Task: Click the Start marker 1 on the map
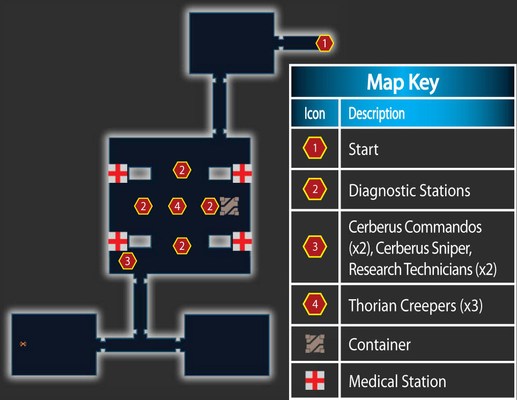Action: [325, 43]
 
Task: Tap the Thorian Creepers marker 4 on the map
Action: [178, 206]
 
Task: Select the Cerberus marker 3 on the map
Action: [128, 261]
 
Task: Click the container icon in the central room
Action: [230, 206]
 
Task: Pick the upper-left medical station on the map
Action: [117, 173]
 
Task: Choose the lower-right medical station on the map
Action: [242, 241]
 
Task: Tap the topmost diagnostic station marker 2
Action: [182, 170]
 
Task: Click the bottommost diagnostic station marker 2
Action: [182, 246]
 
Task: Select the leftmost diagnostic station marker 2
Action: [143, 206]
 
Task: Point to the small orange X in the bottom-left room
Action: [23, 344]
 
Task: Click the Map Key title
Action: [403, 83]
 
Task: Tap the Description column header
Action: [376, 114]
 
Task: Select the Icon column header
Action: [315, 114]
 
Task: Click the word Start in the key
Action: [364, 150]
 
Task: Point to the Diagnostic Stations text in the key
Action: [409, 190]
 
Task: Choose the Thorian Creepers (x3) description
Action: [416, 305]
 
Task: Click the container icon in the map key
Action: [315, 344]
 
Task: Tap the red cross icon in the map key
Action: [315, 380]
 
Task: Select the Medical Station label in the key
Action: [397, 381]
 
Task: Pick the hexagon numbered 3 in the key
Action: [315, 246]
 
